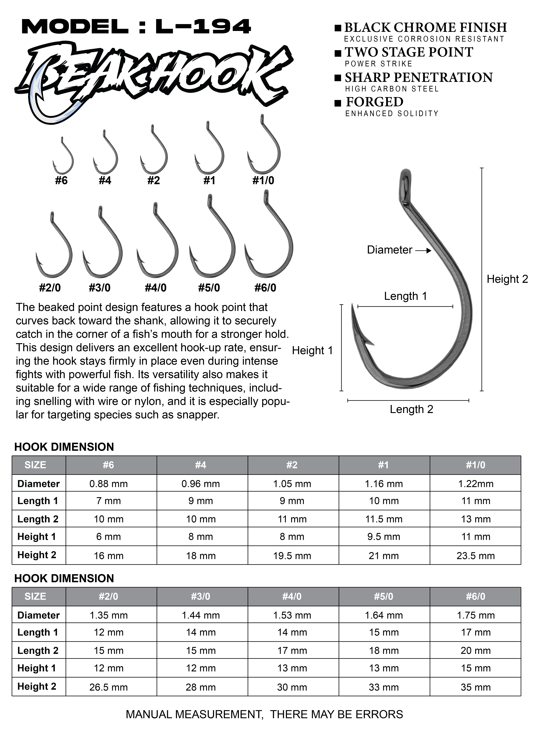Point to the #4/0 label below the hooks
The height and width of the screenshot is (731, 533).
pos(156,287)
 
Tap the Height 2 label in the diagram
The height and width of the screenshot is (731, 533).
pos(507,279)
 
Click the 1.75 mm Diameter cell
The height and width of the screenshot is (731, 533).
pos(476,615)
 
